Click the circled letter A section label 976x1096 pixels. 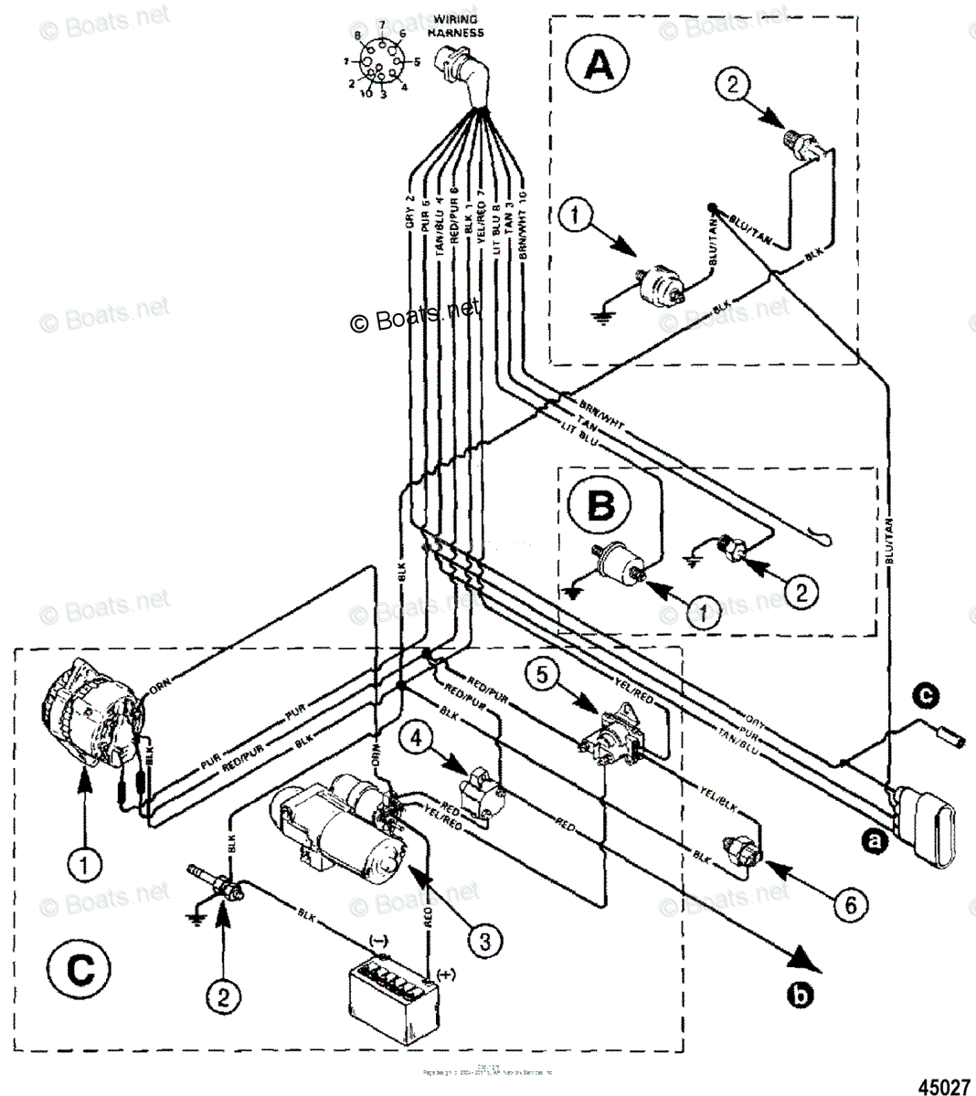click(x=599, y=65)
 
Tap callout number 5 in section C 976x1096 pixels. click(x=541, y=676)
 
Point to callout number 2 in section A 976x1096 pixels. click(x=737, y=86)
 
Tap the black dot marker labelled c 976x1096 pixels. click(x=926, y=696)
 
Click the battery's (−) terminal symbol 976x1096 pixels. click(x=376, y=940)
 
